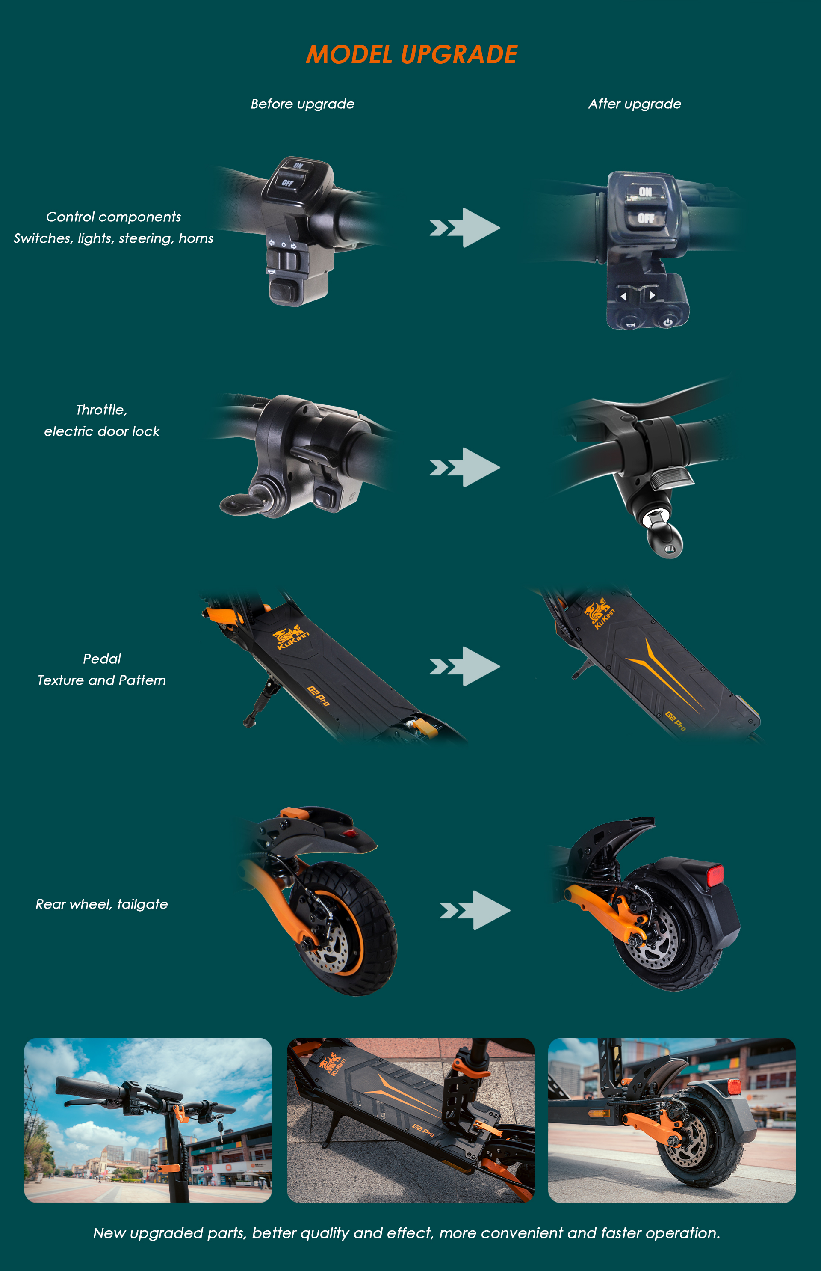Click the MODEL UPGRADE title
411,54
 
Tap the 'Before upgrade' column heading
302,104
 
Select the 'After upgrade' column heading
635,104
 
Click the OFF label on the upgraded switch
646,218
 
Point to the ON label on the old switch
298,166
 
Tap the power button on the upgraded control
668,322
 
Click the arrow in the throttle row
465,467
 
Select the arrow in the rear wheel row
475,910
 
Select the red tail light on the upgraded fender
715,875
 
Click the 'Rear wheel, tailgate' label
102,904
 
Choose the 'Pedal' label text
102,659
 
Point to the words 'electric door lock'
102,431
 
